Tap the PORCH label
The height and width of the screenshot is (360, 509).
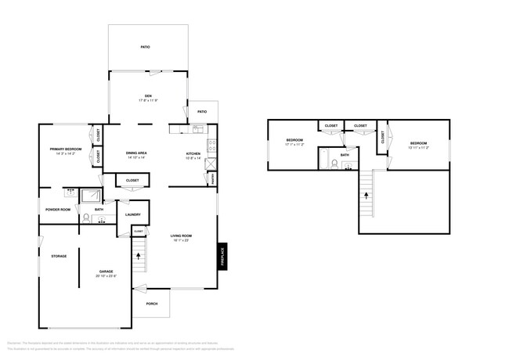(151, 304)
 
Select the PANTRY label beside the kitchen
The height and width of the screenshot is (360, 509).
(213, 178)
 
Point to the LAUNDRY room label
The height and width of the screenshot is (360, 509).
(132, 214)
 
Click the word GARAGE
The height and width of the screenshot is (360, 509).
(106, 272)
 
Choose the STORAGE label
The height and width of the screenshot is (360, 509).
(59, 256)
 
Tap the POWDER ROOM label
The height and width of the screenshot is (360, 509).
(58, 210)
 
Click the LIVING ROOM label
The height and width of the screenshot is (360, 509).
(182, 236)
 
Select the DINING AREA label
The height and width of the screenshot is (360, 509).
(137, 153)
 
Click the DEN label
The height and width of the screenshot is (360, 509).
(147, 96)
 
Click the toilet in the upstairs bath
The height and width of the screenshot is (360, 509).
(335, 164)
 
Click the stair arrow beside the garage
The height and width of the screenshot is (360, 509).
(139, 254)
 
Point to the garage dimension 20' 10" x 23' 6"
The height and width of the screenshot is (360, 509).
(106, 276)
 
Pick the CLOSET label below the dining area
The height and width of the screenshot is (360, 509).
(132, 181)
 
